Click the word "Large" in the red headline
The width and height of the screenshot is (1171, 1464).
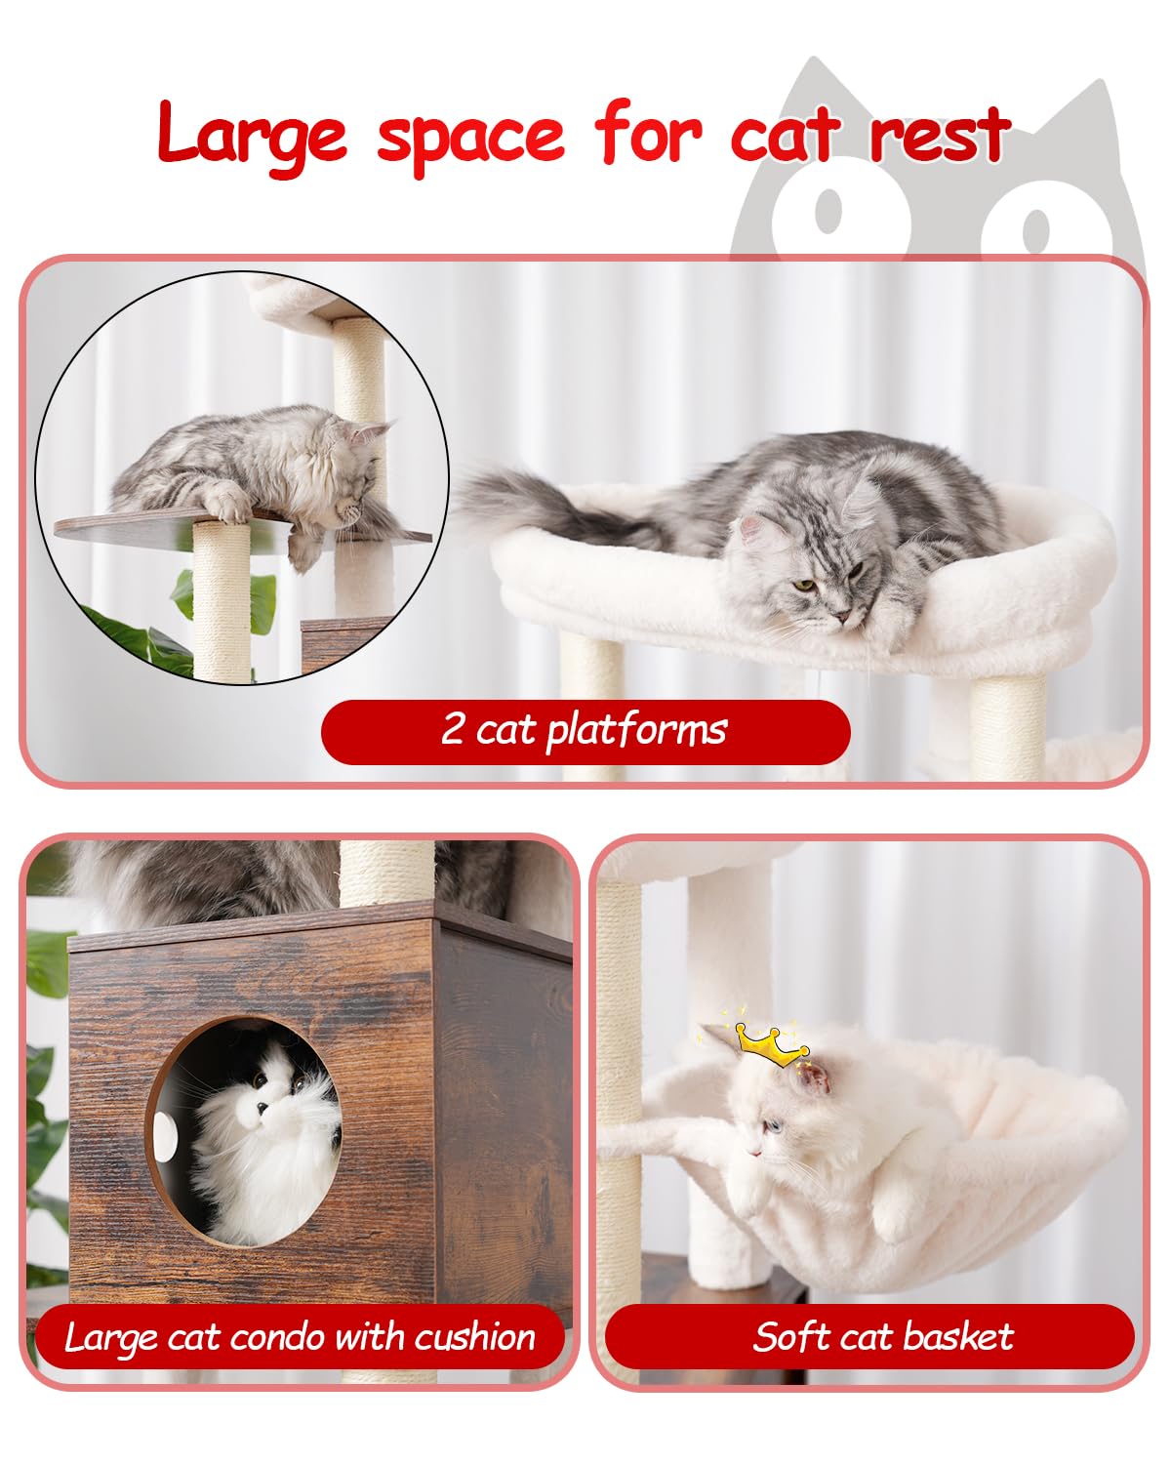coord(252,135)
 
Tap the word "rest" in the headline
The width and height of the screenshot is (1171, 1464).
coord(939,135)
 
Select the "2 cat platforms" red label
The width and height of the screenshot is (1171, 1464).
coord(585,730)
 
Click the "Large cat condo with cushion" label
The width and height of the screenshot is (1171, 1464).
coord(300,1336)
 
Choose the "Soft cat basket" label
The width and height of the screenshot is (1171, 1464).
coord(882,1336)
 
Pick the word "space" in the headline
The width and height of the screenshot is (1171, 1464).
coord(470,137)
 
